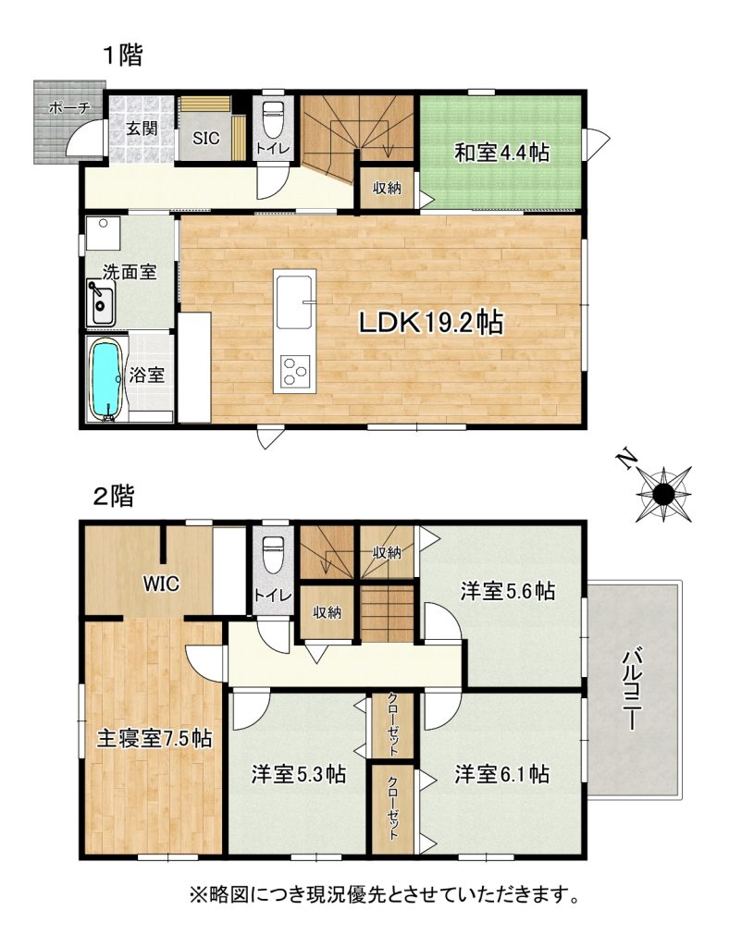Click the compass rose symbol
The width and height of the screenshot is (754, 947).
[x=663, y=494]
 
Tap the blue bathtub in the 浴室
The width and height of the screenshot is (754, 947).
[x=107, y=379]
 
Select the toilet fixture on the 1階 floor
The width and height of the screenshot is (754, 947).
[x=273, y=117]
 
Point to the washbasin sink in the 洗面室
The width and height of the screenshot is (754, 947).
[x=101, y=303]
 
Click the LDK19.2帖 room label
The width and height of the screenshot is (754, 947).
[x=431, y=323]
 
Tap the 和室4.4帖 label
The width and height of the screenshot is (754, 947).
[x=501, y=153]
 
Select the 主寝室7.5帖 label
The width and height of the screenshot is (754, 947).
[x=155, y=738]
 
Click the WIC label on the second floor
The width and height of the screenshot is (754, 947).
[x=161, y=584]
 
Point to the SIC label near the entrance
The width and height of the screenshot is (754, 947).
[x=206, y=139]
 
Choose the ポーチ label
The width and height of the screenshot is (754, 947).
[x=69, y=108]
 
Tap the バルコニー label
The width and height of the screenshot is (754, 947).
[x=633, y=688]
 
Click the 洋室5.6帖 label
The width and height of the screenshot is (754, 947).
[x=508, y=591]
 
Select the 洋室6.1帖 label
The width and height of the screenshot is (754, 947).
[x=502, y=774]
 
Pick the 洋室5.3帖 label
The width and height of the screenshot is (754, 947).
[x=299, y=774]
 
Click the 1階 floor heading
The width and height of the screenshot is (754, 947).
[x=123, y=55]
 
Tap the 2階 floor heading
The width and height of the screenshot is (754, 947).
[x=115, y=497]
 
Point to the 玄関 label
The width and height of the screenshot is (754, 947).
[x=142, y=128]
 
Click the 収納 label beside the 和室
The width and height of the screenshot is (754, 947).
[x=387, y=188]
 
